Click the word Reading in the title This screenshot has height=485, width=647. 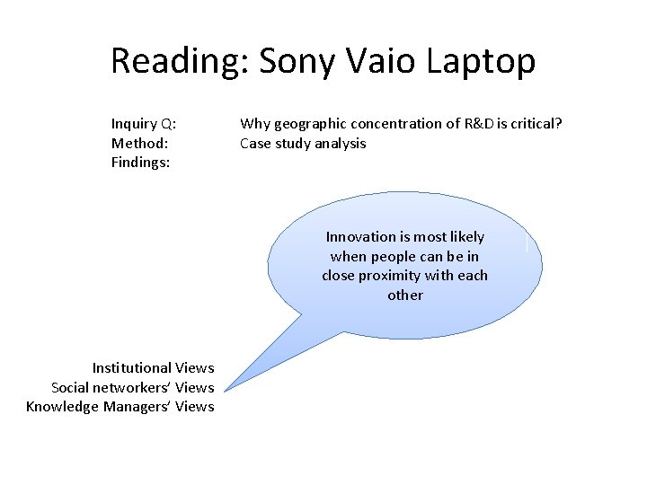(178, 61)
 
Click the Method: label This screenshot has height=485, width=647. (140, 144)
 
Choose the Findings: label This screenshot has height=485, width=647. (141, 163)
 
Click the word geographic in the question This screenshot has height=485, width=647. (306, 124)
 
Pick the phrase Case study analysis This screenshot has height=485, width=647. (303, 144)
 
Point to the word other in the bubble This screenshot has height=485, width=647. (405, 295)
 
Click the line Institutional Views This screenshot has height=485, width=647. (153, 367)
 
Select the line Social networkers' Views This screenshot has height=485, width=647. (133, 387)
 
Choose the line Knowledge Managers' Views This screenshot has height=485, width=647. (120, 407)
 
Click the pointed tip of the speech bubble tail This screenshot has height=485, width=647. (226, 391)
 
